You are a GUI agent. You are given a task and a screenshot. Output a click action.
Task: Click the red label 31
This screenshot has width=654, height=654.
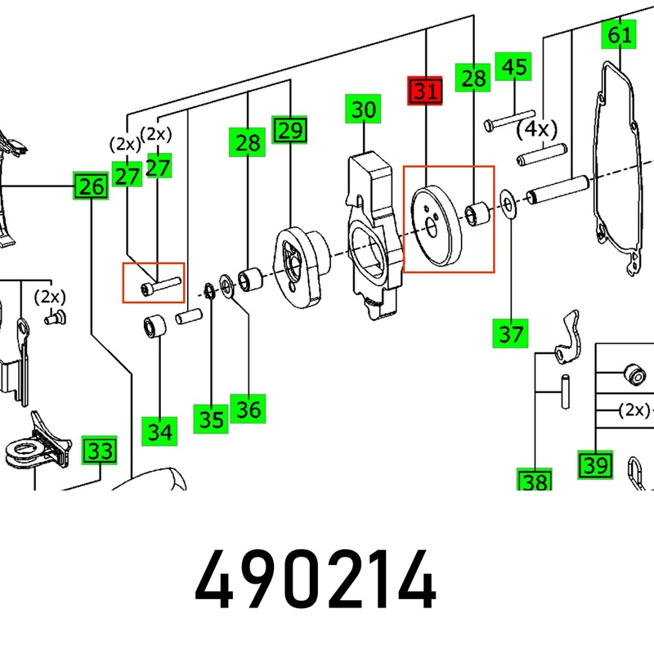[x=424, y=91]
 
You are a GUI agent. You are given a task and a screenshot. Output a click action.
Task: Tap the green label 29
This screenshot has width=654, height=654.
[x=290, y=129]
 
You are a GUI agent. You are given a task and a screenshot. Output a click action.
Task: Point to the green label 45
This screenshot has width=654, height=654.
[x=514, y=67]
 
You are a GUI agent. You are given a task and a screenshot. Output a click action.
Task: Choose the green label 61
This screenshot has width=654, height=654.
[x=619, y=34]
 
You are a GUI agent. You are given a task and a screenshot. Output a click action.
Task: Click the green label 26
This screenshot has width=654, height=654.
[x=91, y=187]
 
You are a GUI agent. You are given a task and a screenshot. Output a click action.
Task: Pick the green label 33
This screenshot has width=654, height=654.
[x=101, y=450]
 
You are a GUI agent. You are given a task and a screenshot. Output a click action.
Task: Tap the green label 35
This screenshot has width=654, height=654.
[x=212, y=419]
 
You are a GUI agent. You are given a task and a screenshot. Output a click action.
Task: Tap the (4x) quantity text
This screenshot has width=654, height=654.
[x=536, y=129]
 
